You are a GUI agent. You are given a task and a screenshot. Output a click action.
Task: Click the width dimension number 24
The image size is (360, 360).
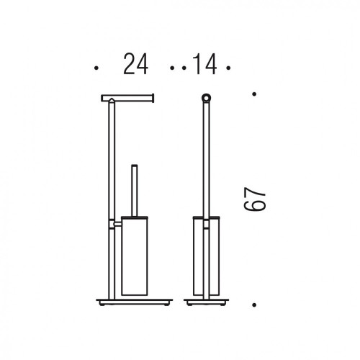click(135, 64)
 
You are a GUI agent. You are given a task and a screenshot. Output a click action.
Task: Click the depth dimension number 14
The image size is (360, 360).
click(204, 64)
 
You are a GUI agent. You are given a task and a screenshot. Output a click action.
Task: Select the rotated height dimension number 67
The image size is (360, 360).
click(255, 199)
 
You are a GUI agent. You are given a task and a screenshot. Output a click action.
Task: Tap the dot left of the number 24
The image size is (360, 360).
click(96, 68)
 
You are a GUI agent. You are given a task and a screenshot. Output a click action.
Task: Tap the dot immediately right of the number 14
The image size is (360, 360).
click(228, 68)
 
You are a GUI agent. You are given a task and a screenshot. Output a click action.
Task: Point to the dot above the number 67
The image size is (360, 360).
click(254, 94)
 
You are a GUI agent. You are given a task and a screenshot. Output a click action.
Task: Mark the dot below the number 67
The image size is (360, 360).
click(254, 305)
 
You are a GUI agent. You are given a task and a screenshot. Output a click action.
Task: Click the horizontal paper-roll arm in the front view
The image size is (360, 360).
click(127, 98)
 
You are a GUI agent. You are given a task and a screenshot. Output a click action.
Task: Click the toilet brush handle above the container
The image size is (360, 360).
click(135, 191)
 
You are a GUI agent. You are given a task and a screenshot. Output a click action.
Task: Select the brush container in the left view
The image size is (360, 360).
click(135, 256)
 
